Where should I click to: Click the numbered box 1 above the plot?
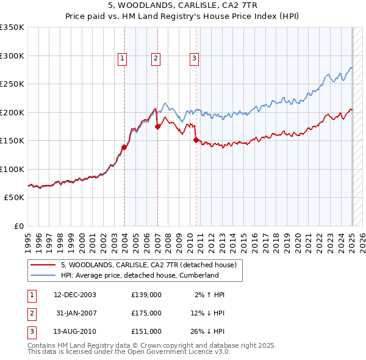click(x=123, y=59)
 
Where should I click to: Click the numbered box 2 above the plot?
click(x=156, y=59)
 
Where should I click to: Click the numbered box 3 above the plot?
click(x=194, y=59)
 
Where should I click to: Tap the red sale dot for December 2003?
click(x=124, y=147)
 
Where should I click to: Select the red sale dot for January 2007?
click(x=157, y=127)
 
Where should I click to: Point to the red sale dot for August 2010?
click(x=196, y=140)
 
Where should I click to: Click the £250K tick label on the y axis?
click(x=12, y=84)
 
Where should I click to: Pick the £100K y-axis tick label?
click(x=12, y=169)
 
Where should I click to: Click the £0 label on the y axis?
click(x=18, y=226)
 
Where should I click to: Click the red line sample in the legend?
click(x=43, y=264)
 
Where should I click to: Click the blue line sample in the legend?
click(x=43, y=275)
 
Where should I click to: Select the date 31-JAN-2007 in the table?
click(x=75, y=313)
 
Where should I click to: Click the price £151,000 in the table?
click(x=146, y=331)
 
